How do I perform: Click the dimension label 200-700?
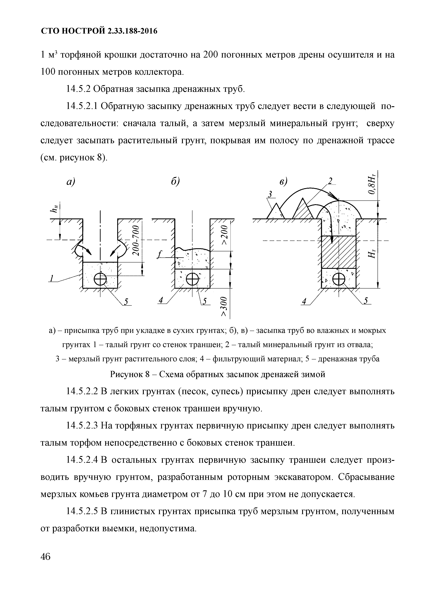point(136,240)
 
